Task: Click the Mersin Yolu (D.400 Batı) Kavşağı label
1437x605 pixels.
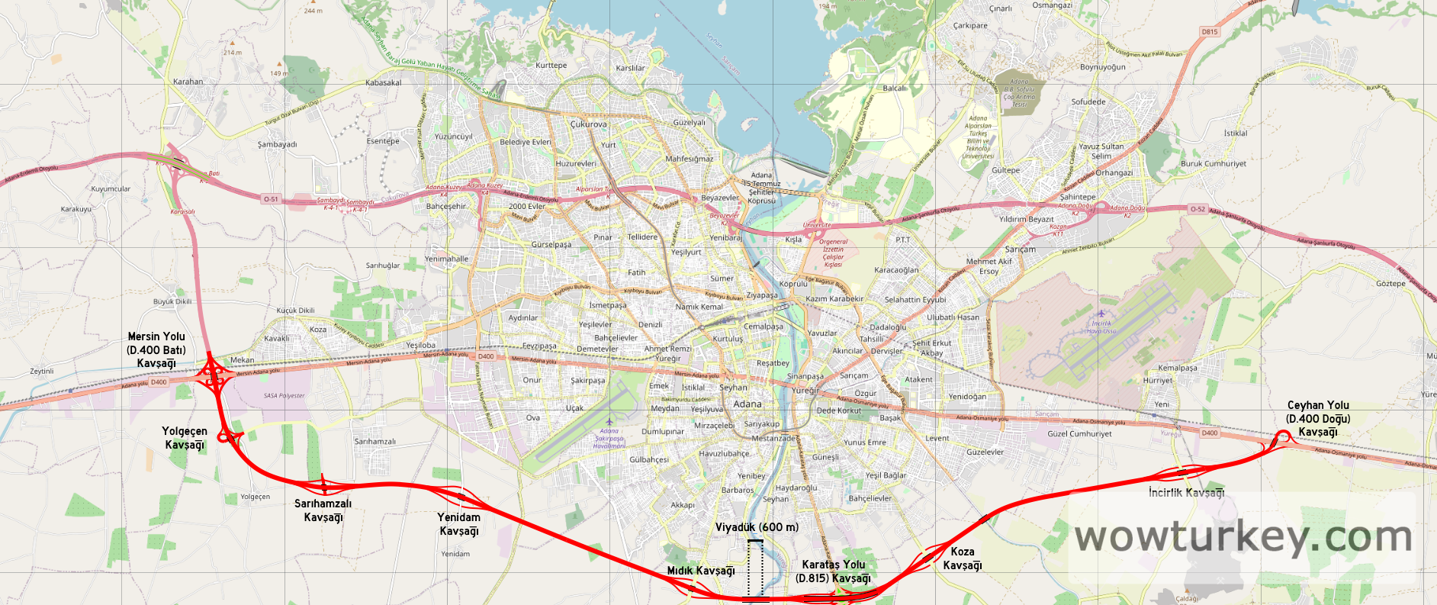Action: [156, 350]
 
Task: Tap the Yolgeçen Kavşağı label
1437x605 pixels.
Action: [185, 438]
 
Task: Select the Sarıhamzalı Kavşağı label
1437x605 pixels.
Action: [323, 510]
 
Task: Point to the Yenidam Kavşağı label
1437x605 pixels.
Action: [459, 524]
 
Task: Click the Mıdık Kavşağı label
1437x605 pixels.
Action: [701, 571]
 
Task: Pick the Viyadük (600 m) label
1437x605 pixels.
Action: [757, 527]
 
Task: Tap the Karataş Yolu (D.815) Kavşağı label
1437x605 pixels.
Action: [833, 571]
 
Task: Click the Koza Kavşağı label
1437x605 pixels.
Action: [963, 558]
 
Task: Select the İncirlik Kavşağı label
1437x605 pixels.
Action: [1186, 493]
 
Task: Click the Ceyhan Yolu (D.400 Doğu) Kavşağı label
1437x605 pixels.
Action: [1318, 419]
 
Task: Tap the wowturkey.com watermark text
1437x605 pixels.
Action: [1243, 536]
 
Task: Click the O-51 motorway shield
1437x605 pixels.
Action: [271, 199]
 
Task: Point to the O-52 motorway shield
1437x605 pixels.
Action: [1197, 209]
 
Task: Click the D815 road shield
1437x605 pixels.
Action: [1210, 32]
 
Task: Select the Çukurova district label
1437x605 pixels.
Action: [589, 124]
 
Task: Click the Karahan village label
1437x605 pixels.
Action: [188, 82]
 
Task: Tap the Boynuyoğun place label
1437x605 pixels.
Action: [1103, 67]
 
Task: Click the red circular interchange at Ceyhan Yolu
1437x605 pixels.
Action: [1283, 436]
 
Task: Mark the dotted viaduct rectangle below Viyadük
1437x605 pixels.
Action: [755, 569]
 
